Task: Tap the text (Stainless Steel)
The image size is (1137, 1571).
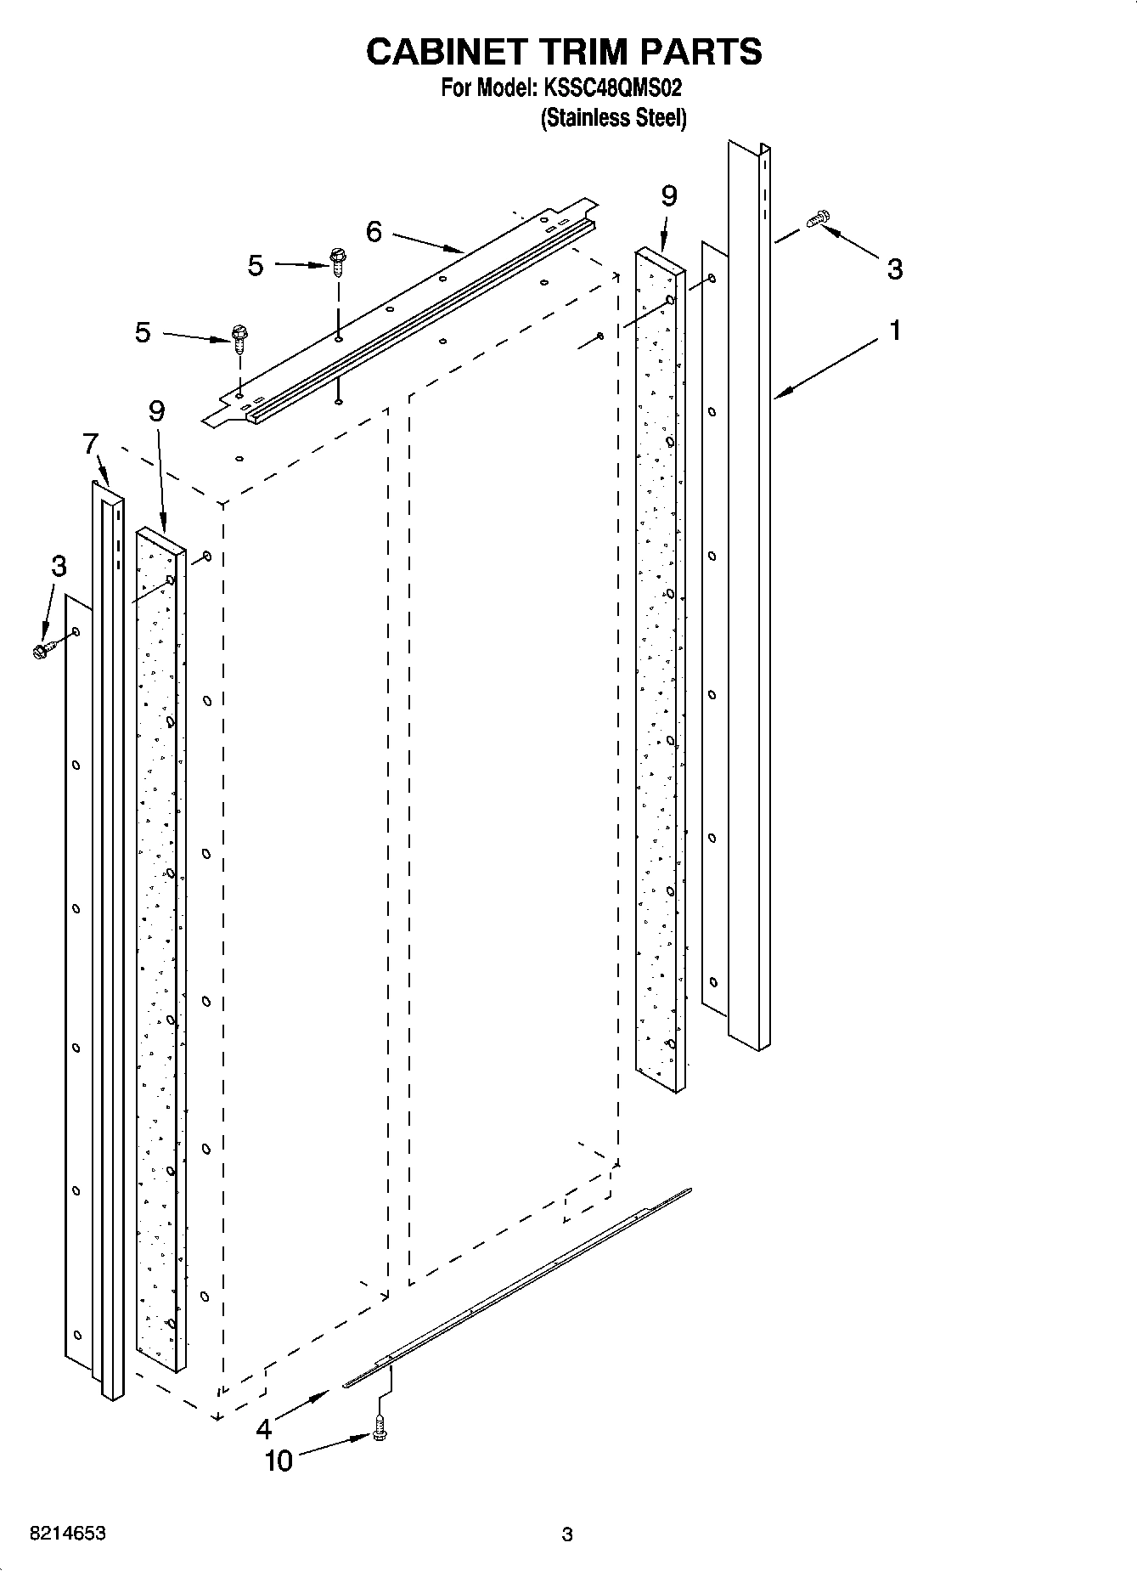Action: click(x=613, y=118)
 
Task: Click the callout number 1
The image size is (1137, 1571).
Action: click(x=894, y=330)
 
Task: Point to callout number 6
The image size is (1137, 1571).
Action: click(x=374, y=231)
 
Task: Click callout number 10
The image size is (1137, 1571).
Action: click(x=279, y=1461)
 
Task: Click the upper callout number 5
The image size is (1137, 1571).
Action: click(x=256, y=266)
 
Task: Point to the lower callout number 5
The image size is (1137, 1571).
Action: click(x=143, y=332)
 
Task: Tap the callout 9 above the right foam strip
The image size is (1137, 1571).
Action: click(x=668, y=196)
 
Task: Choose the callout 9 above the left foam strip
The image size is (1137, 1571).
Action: click(x=156, y=411)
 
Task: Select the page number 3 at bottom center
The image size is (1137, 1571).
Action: click(x=567, y=1534)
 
